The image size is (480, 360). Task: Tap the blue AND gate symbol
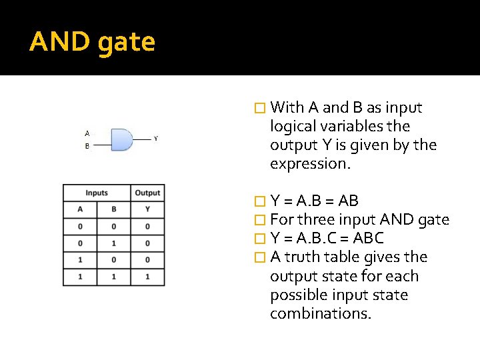121,139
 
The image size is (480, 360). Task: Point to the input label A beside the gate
87,133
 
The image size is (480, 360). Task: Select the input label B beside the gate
87,146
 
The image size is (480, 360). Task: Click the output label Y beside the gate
156,139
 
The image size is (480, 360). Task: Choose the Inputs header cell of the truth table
97,193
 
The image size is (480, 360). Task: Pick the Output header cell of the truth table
147,193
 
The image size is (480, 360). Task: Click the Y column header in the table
147,209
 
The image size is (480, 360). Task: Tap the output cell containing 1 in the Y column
147,275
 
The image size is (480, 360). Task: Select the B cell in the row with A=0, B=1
113,243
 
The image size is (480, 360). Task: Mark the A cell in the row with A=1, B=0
80,259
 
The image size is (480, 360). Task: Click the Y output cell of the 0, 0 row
147,226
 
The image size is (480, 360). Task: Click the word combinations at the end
320,313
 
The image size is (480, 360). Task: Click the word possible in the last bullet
297,295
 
